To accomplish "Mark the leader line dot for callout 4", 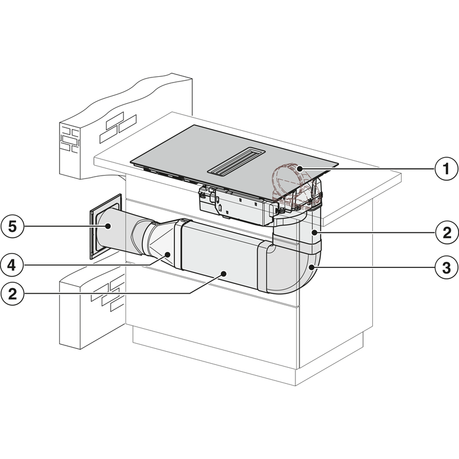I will [167, 254].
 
